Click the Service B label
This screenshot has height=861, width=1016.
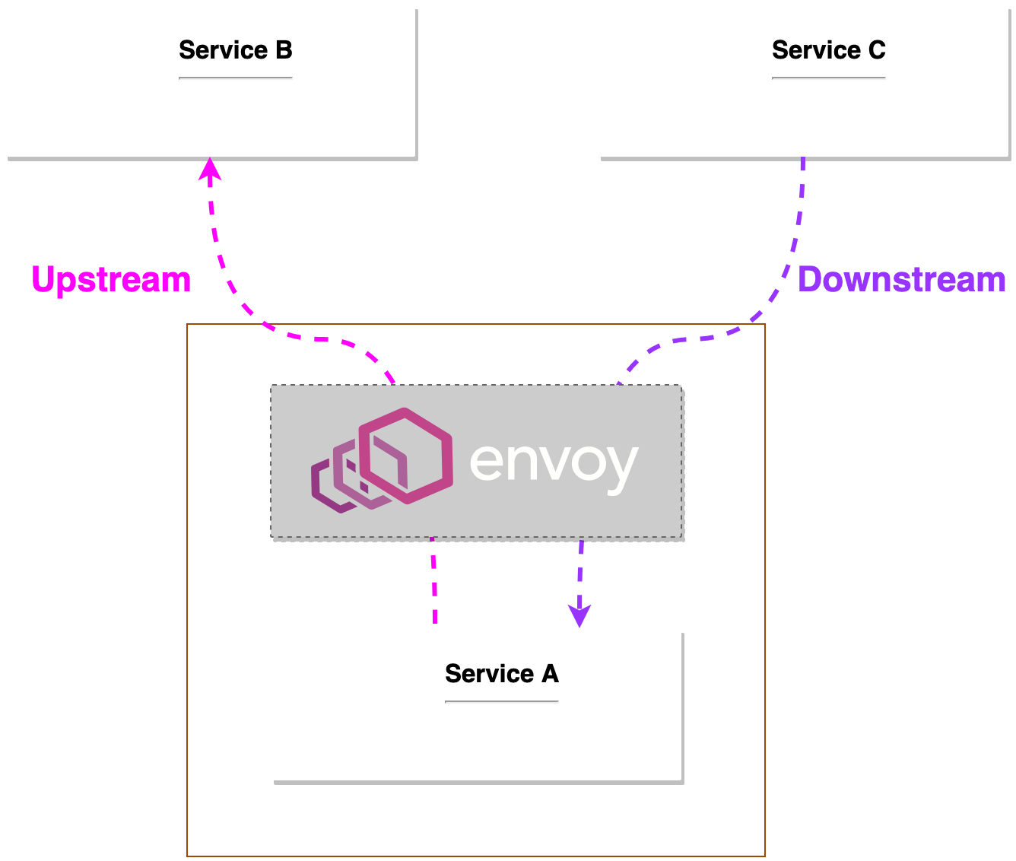235,50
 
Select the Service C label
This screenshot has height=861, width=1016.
828,50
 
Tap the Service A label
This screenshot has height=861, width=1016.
501,674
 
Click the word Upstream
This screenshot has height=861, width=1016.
111,280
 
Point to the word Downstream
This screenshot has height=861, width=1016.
901,280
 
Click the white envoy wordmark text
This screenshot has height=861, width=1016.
554,462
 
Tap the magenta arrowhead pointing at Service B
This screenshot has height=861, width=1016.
210,169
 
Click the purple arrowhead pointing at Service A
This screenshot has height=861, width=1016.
579,616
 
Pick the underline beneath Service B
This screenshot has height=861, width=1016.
235,78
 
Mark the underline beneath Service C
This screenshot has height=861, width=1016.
828,78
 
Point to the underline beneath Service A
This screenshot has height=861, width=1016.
501,701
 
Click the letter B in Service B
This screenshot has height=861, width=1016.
283,50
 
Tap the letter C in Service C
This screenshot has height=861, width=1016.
876,50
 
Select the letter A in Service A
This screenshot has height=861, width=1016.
549,674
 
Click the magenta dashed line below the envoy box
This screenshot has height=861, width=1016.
433,582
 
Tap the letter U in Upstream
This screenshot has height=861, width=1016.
44,280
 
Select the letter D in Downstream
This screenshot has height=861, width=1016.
811,280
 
